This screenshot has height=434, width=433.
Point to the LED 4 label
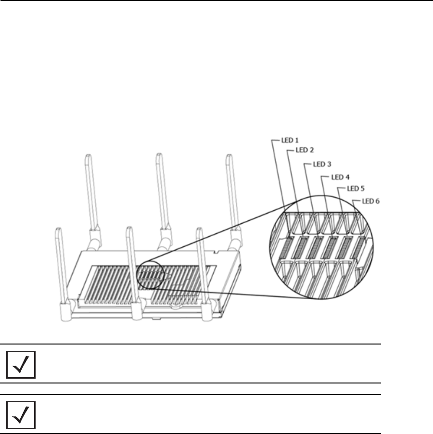point(335,177)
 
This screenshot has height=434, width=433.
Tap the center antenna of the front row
point(130,265)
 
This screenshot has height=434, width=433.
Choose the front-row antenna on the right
point(201,265)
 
